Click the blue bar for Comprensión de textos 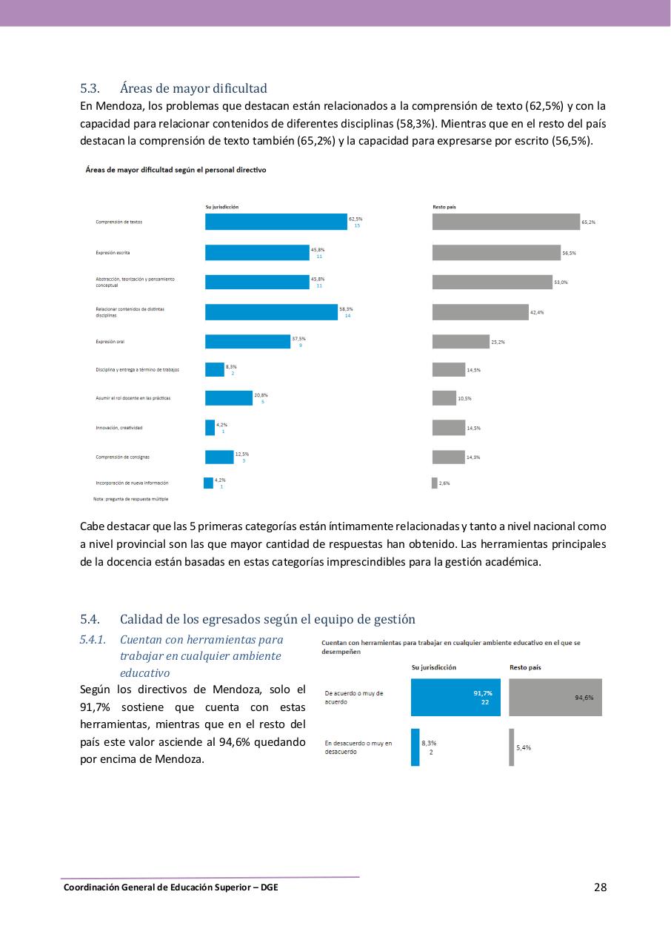point(276,222)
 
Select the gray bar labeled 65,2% point(506,222)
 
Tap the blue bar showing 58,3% point(271,312)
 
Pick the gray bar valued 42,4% point(480,312)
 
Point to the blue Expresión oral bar point(247,342)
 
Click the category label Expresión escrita point(113,253)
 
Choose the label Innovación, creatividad point(118,428)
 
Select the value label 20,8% point(261,395)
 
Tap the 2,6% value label point(444,483)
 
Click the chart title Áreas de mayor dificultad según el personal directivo point(176,170)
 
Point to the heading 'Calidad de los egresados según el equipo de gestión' point(267,619)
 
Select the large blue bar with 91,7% point(455,698)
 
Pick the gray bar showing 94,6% point(555,698)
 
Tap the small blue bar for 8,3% point(415,747)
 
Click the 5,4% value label point(524,747)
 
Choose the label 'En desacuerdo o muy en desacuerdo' point(358,747)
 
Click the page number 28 point(600,887)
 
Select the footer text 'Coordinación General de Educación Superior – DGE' point(171,887)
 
